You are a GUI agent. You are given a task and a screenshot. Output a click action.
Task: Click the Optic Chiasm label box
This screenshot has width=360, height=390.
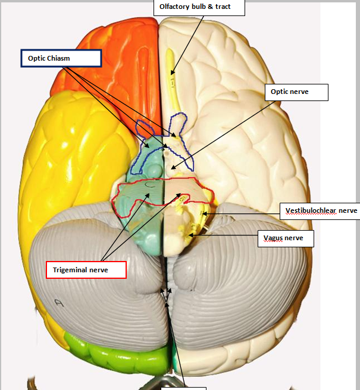(61, 58)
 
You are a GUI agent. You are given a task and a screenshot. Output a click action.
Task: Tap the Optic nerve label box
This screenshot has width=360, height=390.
(296, 92)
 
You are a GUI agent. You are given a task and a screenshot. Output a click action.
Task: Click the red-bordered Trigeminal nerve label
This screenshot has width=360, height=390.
(86, 269)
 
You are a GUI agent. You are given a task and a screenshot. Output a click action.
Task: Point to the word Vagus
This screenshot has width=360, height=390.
(274, 238)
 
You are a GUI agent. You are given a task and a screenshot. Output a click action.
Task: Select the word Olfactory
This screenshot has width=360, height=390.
(174, 7)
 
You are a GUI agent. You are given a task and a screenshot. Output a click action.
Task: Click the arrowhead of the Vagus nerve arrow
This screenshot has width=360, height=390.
(189, 235)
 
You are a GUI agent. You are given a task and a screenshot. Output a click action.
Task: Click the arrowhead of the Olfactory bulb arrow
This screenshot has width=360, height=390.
(173, 74)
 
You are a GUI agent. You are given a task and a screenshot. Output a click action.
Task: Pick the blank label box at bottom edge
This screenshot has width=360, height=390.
(183, 388)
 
